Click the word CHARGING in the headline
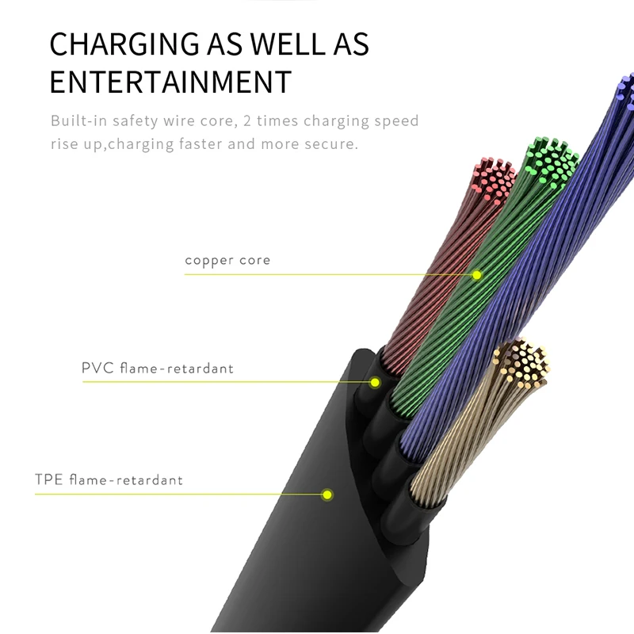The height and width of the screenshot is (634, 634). click(124, 44)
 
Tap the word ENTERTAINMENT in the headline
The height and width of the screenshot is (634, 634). click(170, 82)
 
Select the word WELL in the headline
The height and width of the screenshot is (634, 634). click(288, 44)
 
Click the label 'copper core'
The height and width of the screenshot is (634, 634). click(227, 261)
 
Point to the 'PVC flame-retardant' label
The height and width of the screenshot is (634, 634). click(158, 368)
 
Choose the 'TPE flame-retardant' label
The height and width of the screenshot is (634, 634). click(109, 479)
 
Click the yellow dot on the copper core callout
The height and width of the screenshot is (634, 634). click(477, 275)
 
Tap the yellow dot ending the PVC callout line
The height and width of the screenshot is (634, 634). click(375, 382)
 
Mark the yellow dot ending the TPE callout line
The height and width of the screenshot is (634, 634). click(327, 495)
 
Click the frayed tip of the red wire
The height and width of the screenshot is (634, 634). click(494, 180)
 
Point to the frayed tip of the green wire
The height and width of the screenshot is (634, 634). click(552, 161)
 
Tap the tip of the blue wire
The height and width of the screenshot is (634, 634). click(626, 91)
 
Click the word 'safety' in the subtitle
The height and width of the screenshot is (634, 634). click(136, 121)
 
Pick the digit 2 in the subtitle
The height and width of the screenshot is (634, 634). click(247, 120)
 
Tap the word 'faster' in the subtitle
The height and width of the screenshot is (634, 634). click(201, 143)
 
